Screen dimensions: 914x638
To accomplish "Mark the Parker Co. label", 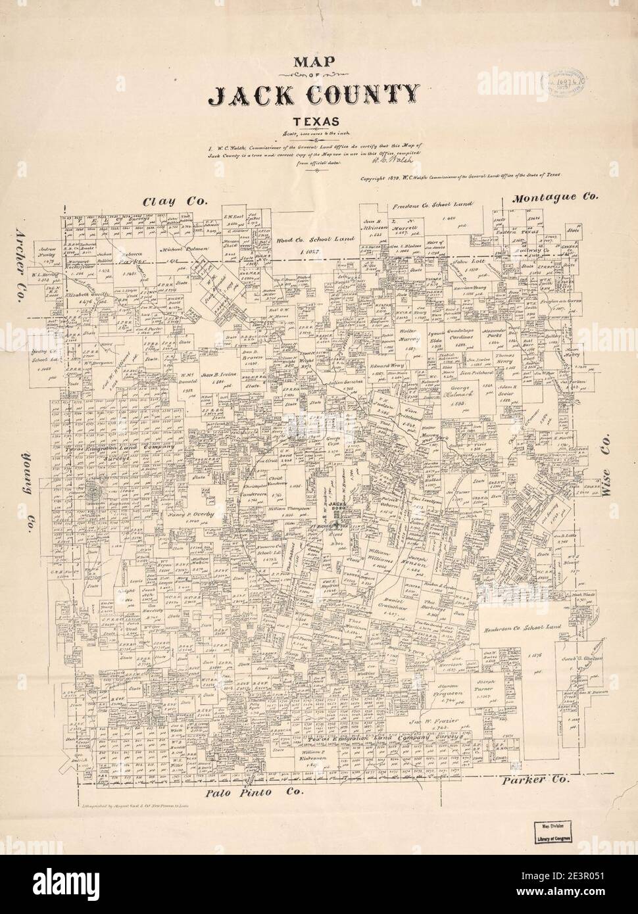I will coord(533,780).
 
